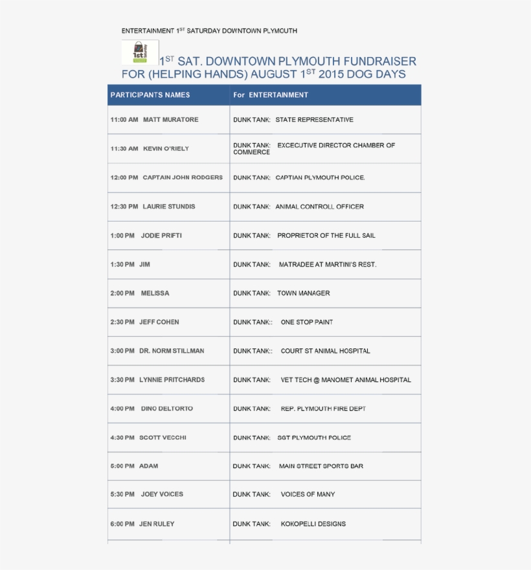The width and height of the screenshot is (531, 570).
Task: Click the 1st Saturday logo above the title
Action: (140, 52)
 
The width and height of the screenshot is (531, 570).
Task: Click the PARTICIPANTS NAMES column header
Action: (150, 95)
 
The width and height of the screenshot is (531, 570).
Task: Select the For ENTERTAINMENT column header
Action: (271, 95)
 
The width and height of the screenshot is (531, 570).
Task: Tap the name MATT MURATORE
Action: (170, 120)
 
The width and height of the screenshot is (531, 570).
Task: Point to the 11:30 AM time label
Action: (124, 149)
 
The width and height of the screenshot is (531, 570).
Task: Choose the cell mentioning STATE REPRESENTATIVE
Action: (314, 120)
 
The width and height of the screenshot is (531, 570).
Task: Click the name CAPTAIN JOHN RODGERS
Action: (183, 177)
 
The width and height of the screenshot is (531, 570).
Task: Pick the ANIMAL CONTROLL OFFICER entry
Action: (319, 207)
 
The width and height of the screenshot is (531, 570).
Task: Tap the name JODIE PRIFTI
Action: (161, 236)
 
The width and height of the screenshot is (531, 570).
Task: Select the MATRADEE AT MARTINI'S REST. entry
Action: (327, 265)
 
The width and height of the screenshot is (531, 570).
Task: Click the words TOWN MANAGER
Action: (303, 293)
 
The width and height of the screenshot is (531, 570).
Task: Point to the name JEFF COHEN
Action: (159, 322)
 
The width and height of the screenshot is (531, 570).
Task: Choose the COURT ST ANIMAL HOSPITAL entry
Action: (325, 351)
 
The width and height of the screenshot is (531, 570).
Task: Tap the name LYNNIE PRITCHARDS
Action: (172, 380)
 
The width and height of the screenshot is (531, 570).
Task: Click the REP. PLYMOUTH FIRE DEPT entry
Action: (323, 409)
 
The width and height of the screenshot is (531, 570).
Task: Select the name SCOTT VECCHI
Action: (163, 438)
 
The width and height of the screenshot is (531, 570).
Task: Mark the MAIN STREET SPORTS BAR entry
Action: (321, 466)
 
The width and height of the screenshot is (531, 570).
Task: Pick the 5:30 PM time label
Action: (122, 494)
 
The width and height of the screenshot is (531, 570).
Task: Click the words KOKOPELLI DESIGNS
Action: (313, 524)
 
